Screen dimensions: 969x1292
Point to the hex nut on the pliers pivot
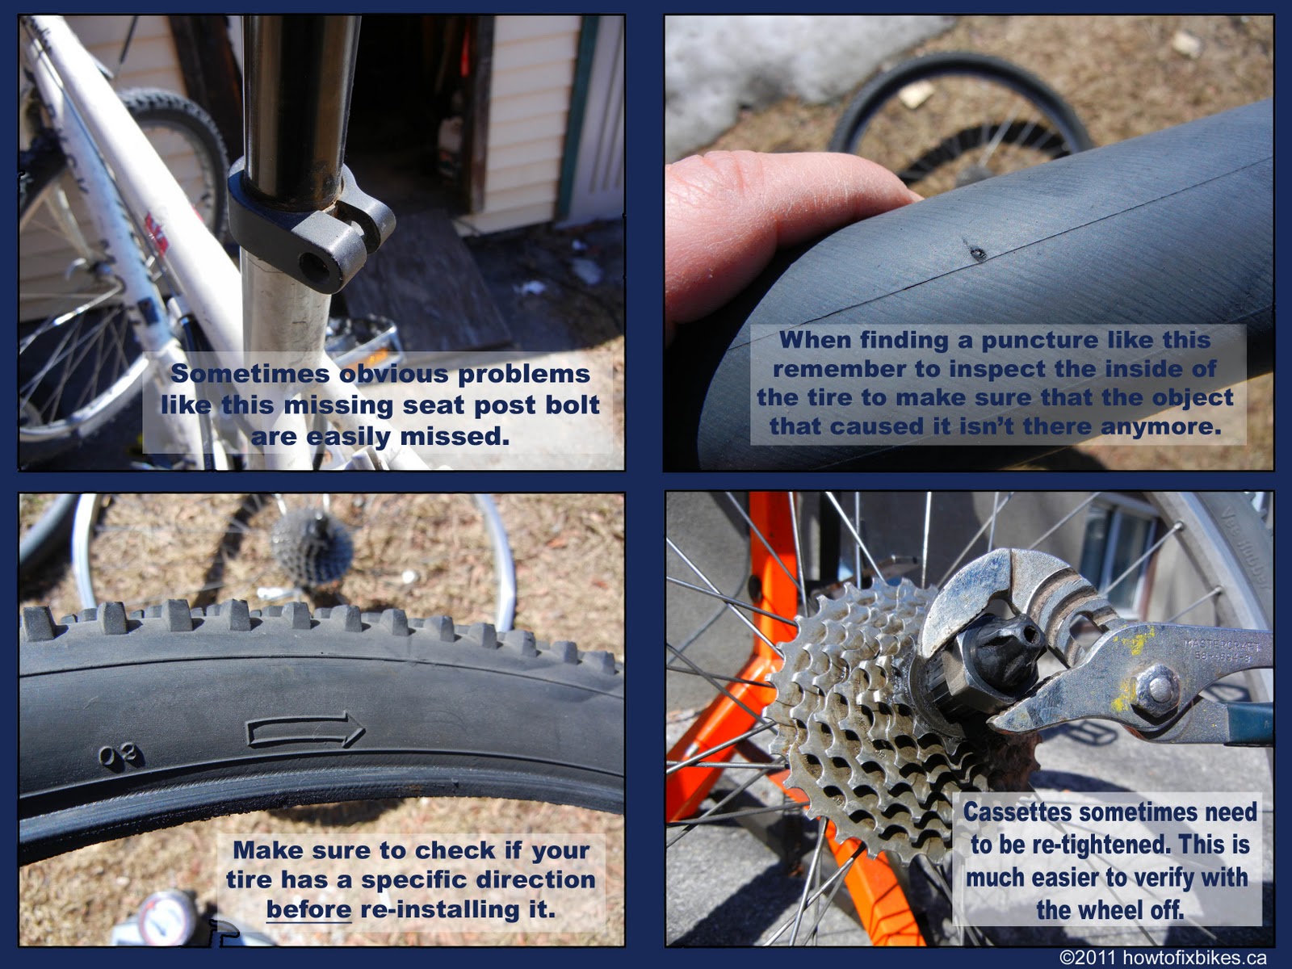pyautogui.click(x=1159, y=687)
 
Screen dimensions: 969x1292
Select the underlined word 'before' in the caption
pyautogui.click(x=308, y=910)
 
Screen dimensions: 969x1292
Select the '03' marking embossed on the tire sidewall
pyautogui.click(x=121, y=757)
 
